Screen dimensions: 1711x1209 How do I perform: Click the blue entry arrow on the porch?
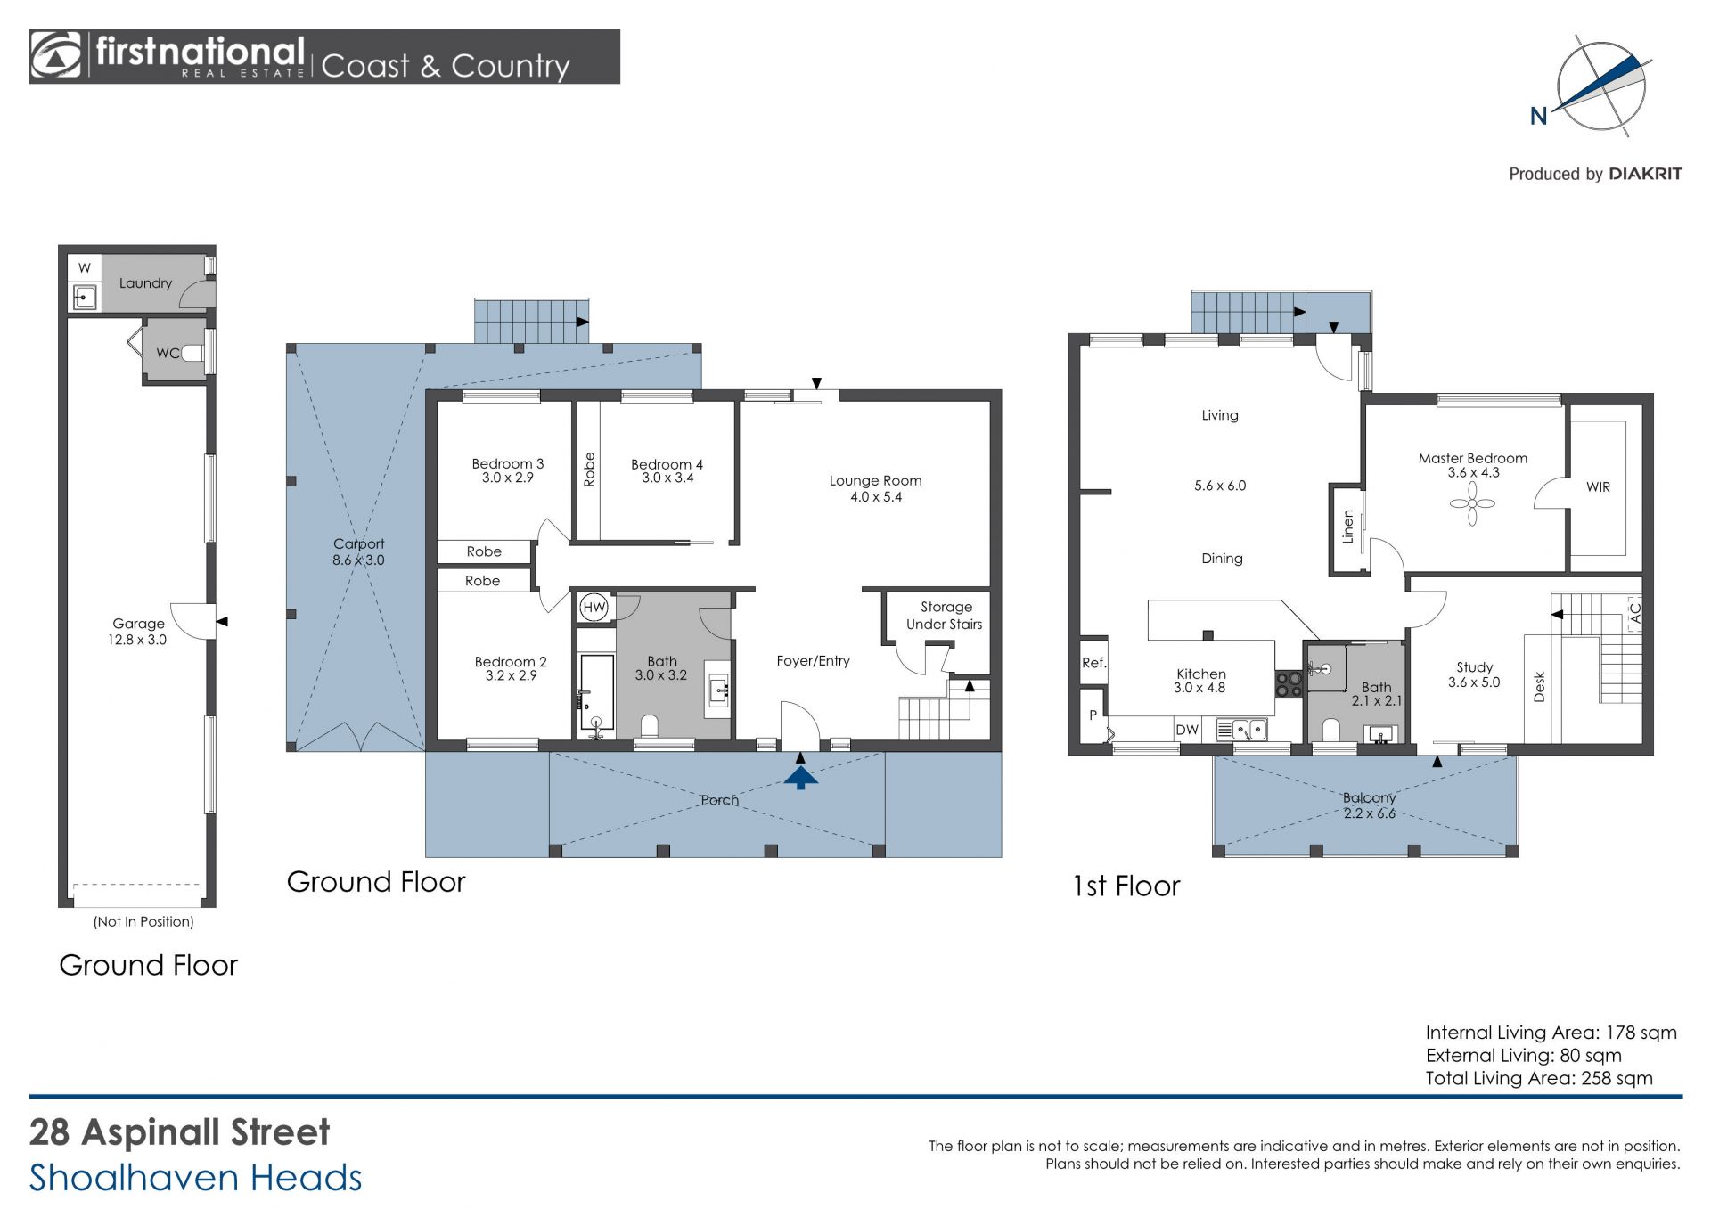(x=801, y=778)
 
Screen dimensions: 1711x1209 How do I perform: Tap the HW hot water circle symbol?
(x=594, y=608)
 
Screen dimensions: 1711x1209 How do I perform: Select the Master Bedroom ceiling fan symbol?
(x=1472, y=504)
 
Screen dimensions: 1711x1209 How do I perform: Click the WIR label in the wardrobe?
(x=1598, y=487)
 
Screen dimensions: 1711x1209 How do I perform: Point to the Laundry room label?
(x=145, y=283)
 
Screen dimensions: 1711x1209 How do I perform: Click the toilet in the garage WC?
(x=193, y=353)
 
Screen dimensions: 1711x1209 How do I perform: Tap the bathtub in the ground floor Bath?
(x=595, y=695)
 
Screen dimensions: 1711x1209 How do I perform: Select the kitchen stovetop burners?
(x=1289, y=683)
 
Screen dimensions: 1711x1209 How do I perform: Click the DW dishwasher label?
(x=1187, y=730)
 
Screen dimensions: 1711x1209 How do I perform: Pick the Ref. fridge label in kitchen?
(x=1093, y=663)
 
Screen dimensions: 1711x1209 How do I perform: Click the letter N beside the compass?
(x=1538, y=117)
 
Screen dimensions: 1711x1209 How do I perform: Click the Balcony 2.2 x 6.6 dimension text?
(x=1369, y=813)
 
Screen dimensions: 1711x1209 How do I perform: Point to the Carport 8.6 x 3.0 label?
(x=358, y=551)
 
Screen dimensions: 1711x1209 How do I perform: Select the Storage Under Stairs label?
(x=945, y=616)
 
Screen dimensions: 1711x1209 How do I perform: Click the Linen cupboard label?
(x=1347, y=527)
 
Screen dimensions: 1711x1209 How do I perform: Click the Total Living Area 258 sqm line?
(x=1539, y=1078)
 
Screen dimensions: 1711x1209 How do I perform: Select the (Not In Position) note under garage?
(x=143, y=921)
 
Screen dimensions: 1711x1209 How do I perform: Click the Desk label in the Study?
(x=1539, y=686)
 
